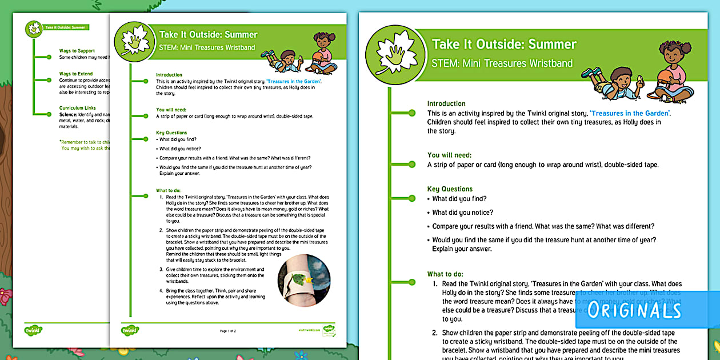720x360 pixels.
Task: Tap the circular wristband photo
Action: tap(303, 280)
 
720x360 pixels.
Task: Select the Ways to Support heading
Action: tap(77, 51)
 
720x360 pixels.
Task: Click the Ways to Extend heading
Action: tap(76, 74)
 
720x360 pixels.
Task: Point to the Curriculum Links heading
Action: tap(78, 107)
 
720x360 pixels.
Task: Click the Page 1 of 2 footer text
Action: tap(228, 331)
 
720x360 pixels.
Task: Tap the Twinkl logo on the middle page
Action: tap(130, 330)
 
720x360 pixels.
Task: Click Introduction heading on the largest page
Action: tap(446, 103)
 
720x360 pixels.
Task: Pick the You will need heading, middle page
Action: tap(171, 109)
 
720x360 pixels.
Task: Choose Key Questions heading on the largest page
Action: tap(450, 189)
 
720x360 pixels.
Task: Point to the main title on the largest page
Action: tap(504, 44)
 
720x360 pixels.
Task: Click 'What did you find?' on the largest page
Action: tap(459, 199)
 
